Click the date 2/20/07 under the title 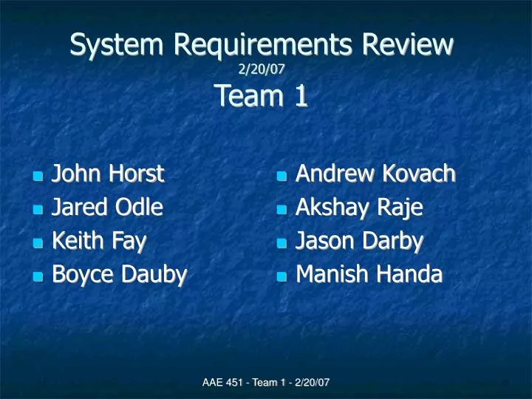pyautogui.click(x=262, y=69)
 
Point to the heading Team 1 pyautogui.click(x=262, y=96)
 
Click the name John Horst pyautogui.click(x=108, y=174)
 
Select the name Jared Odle pyautogui.click(x=107, y=208)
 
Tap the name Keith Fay pyautogui.click(x=98, y=241)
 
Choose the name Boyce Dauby pyautogui.click(x=119, y=274)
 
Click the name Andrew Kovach pyautogui.click(x=375, y=174)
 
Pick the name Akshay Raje pyautogui.click(x=359, y=208)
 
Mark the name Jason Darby pyautogui.click(x=359, y=241)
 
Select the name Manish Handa pyautogui.click(x=369, y=274)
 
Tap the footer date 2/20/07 pyautogui.click(x=310, y=382)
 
